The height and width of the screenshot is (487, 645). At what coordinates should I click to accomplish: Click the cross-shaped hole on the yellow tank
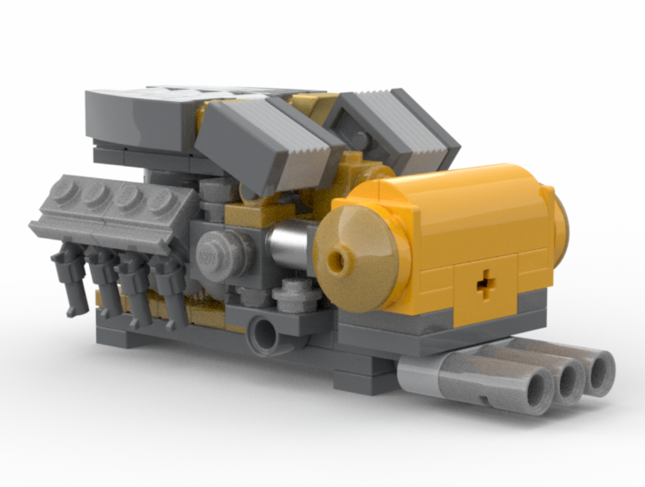click(484, 284)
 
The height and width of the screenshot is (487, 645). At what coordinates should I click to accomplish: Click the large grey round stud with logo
click(217, 255)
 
